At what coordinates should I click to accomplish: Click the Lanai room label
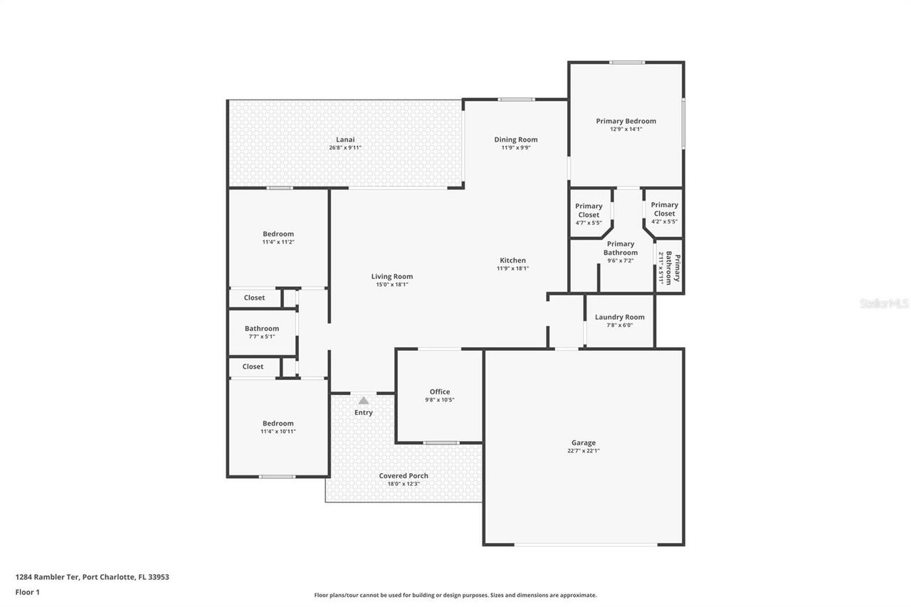tap(345, 139)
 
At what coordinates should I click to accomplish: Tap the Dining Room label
tap(516, 139)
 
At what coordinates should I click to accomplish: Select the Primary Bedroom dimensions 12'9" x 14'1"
tap(626, 130)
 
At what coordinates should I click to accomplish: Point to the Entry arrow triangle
tap(364, 401)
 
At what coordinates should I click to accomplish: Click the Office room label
tap(440, 391)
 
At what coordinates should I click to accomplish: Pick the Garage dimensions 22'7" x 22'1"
tap(584, 450)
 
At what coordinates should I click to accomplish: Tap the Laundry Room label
tap(620, 317)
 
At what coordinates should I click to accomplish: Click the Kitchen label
tap(512, 260)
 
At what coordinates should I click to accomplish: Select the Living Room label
tap(392, 277)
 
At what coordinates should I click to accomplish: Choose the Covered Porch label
tap(404, 475)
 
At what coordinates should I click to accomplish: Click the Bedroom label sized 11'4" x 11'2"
tap(278, 234)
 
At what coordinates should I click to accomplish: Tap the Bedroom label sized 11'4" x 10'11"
tap(278, 423)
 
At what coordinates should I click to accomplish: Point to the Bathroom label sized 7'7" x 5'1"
tap(262, 329)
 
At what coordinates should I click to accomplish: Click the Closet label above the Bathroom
tap(254, 297)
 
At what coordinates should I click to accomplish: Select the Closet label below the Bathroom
tap(253, 366)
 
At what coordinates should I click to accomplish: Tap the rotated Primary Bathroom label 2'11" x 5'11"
tap(669, 268)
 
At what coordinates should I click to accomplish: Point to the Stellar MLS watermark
tap(884, 303)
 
